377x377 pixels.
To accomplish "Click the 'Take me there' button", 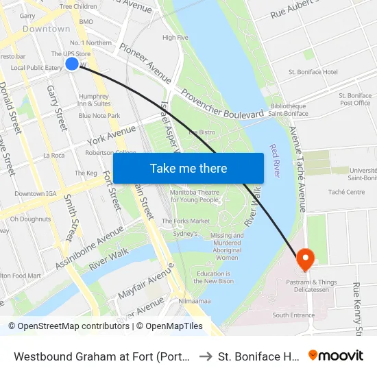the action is (x=188, y=169).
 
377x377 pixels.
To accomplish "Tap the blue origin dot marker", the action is (x=72, y=64).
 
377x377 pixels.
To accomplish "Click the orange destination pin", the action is (x=304, y=259).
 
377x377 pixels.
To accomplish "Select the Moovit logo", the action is (x=336, y=356).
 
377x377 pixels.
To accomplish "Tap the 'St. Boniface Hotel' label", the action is (x=313, y=72).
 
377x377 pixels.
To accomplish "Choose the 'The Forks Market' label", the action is (x=186, y=221).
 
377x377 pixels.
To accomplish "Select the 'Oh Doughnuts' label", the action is (x=31, y=219).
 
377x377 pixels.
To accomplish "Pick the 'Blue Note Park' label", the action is (x=99, y=116).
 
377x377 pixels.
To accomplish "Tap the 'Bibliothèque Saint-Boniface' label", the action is (x=288, y=110).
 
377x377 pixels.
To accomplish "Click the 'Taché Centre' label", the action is (x=346, y=193).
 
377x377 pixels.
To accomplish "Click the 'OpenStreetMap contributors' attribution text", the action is (x=72, y=326).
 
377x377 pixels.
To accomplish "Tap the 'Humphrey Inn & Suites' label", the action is (x=94, y=100).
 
